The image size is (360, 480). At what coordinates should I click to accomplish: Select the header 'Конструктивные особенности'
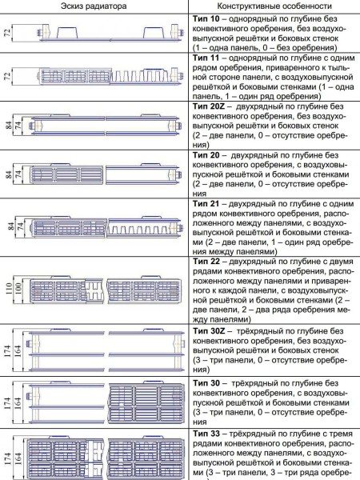272,6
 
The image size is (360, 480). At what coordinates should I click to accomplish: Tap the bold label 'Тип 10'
208,18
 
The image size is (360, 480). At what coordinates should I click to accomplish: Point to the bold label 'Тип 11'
208,59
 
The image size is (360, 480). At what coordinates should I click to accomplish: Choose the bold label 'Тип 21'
208,205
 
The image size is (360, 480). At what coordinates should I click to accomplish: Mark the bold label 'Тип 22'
208,262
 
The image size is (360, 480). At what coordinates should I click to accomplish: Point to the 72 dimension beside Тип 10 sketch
7,34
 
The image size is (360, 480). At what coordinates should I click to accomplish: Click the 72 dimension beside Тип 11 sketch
7,78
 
